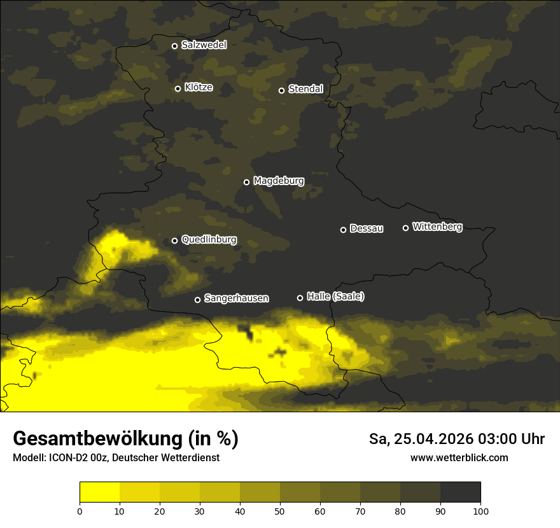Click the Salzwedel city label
coord(204,45)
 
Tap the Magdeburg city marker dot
coord(246,182)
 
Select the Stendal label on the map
coord(305,90)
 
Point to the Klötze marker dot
coord(178,88)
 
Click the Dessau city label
coord(367,229)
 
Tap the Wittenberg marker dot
coord(405,228)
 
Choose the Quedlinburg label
coord(209,240)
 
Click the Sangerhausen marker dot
coord(197,300)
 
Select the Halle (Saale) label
coord(335,297)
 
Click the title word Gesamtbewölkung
coord(97,439)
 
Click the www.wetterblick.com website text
coord(459,457)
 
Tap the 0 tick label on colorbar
coord(80,510)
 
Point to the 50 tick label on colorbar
coord(280,510)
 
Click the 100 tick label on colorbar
coord(480,510)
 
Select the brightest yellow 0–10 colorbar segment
coord(99,492)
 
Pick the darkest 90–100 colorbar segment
coord(460,492)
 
